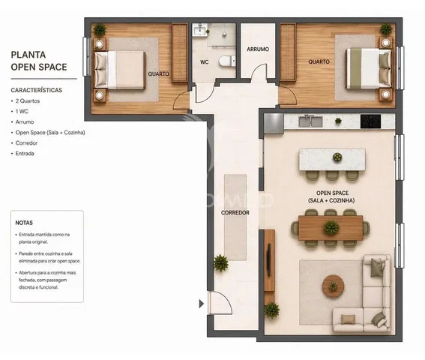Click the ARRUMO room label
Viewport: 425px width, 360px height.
point(258,49)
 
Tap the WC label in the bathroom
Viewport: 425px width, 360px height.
point(205,62)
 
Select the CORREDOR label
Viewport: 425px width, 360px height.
point(235,213)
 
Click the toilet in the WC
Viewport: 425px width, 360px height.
point(227,61)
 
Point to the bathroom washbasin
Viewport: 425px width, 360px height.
point(200,29)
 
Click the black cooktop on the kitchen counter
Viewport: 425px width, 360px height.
point(370,121)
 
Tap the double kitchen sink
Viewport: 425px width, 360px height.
point(310,121)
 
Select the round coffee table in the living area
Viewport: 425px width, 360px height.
point(333,286)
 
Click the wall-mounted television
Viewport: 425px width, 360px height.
point(269,259)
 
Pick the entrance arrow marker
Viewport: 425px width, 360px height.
point(201,304)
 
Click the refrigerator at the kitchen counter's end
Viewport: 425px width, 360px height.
point(274,124)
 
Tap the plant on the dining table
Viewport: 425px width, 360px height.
point(331,227)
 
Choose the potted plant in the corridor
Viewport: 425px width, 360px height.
point(220,263)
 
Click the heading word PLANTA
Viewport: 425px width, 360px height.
point(28,55)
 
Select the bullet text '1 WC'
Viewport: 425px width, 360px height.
point(22,111)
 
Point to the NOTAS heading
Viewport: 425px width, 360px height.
point(24,223)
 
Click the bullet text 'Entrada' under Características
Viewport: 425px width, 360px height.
point(25,154)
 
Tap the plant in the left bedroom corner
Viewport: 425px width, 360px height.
point(100,29)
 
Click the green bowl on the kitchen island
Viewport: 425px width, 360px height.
point(337,157)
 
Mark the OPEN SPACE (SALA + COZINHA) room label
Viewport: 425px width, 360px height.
point(332,196)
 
